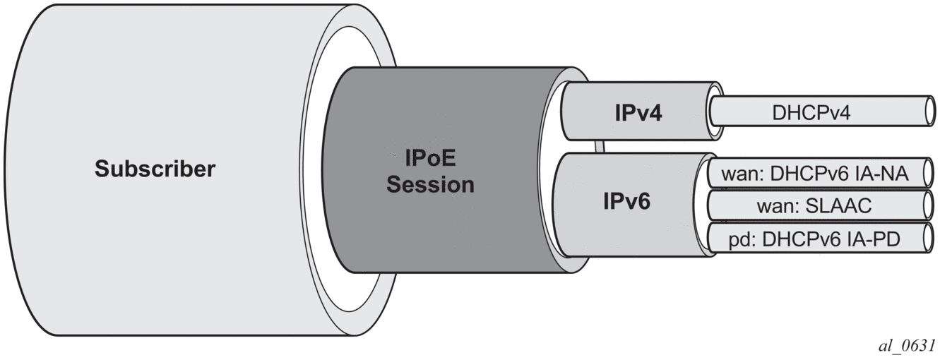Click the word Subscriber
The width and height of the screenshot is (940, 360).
[x=155, y=169]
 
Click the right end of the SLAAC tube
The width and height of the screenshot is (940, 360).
[x=930, y=206]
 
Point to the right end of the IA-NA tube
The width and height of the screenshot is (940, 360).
[x=930, y=173]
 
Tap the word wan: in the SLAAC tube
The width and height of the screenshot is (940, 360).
[x=776, y=206]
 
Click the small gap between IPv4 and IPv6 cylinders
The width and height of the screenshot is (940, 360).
[x=600, y=147]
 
